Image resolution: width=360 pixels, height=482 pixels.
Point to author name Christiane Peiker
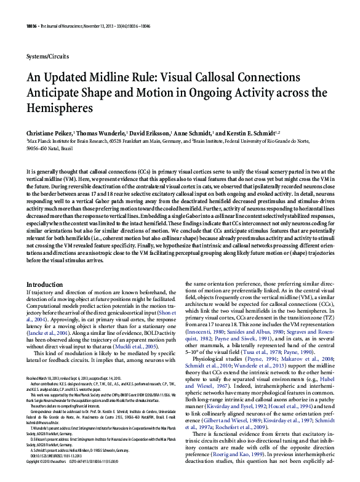click(49, 132)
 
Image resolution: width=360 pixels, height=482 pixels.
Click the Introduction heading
click(44, 284)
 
